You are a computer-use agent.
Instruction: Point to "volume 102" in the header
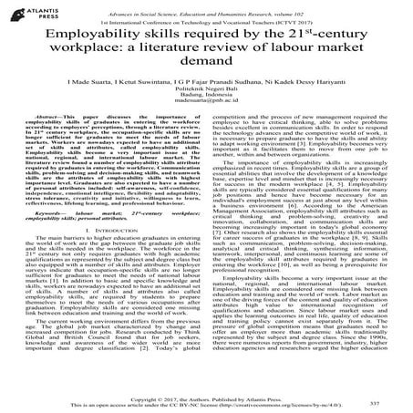point(324,6)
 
